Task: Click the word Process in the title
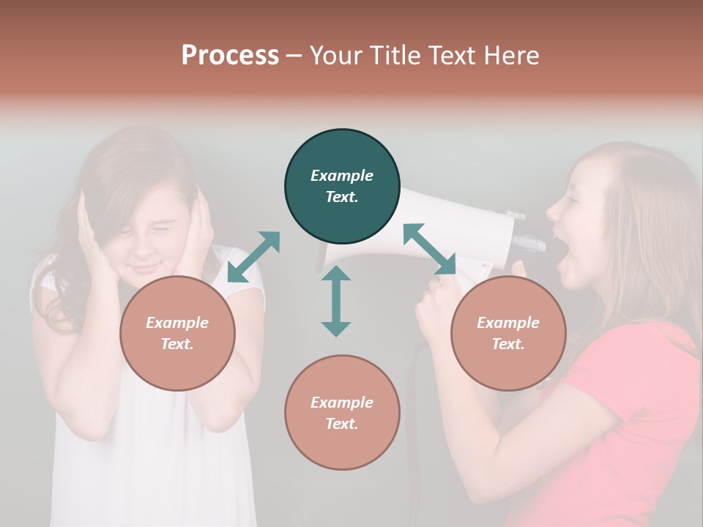(230, 56)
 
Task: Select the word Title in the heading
(396, 56)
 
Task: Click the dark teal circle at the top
(342, 187)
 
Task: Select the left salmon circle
(177, 333)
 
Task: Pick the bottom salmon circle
(342, 413)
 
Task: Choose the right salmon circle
(507, 333)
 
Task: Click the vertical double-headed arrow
(336, 301)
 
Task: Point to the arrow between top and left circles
(253, 256)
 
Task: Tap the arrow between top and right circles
(429, 250)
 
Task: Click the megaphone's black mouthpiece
(531, 242)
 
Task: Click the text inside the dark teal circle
(342, 186)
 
